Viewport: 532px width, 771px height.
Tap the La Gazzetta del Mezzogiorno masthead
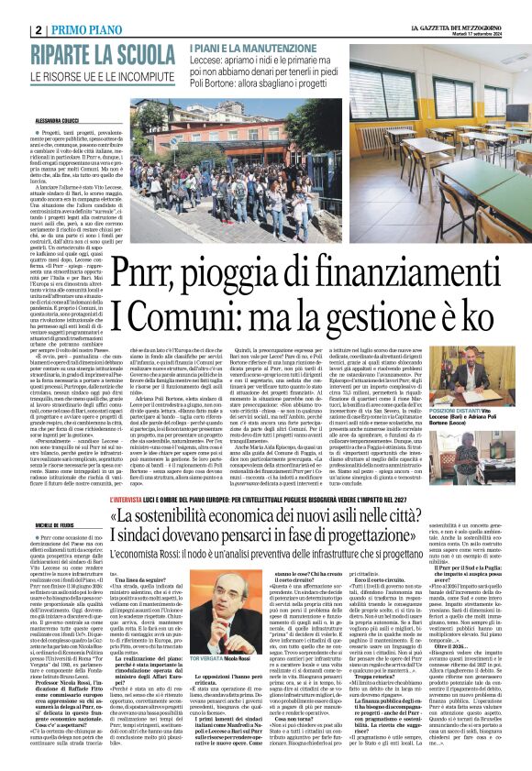pos(457,7)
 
